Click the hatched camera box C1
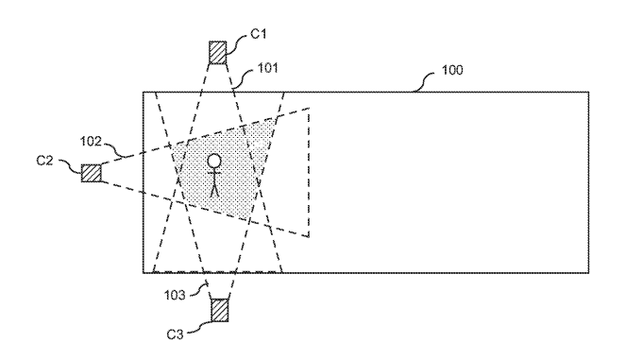click(x=217, y=52)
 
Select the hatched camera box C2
click(x=91, y=173)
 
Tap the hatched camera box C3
click(x=220, y=311)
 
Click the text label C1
click(x=259, y=34)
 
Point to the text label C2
click(x=44, y=161)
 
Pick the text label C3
click(x=175, y=334)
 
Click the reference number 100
click(x=452, y=70)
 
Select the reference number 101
click(x=267, y=68)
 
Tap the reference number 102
click(x=91, y=142)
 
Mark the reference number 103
click(x=175, y=295)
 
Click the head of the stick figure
click(x=214, y=161)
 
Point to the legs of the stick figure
click(x=214, y=190)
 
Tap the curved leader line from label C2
click(x=70, y=166)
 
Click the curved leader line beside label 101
click(x=243, y=78)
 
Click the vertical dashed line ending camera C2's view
click(x=309, y=173)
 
